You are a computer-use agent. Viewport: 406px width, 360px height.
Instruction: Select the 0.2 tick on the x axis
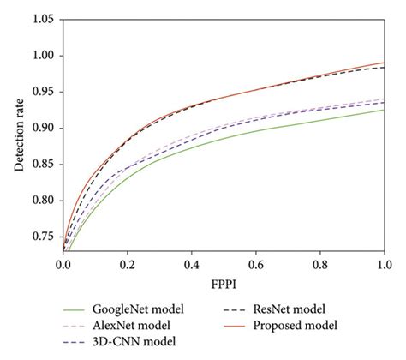point(128,265)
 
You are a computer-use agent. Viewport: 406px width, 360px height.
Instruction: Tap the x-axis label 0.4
point(192,265)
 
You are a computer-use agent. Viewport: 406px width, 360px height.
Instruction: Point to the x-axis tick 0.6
point(256,265)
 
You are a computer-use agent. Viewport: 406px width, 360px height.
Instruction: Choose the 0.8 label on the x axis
point(319,265)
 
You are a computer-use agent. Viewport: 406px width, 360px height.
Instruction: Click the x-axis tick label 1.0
point(384,265)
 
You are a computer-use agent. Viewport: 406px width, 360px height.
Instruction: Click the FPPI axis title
point(224,284)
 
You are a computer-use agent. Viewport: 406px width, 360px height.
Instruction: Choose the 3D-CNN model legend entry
point(135,342)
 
